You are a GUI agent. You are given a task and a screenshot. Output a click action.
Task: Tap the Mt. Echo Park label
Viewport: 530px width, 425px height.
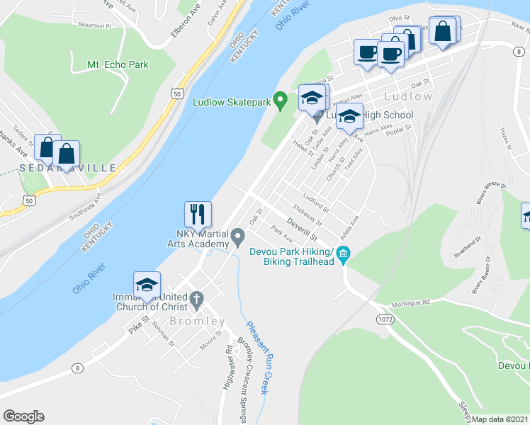[118, 64]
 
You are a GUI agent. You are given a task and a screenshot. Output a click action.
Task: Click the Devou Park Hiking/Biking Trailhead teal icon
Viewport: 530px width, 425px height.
[344, 253]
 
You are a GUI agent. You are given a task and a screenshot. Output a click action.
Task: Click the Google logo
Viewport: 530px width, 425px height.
[23, 416]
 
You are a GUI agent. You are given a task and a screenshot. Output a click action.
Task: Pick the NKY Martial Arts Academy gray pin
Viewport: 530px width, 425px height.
[238, 234]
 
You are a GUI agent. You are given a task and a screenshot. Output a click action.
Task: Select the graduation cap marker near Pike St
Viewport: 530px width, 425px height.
[147, 285]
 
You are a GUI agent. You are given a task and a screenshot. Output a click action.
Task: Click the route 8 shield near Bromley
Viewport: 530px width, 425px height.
[77, 368]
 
